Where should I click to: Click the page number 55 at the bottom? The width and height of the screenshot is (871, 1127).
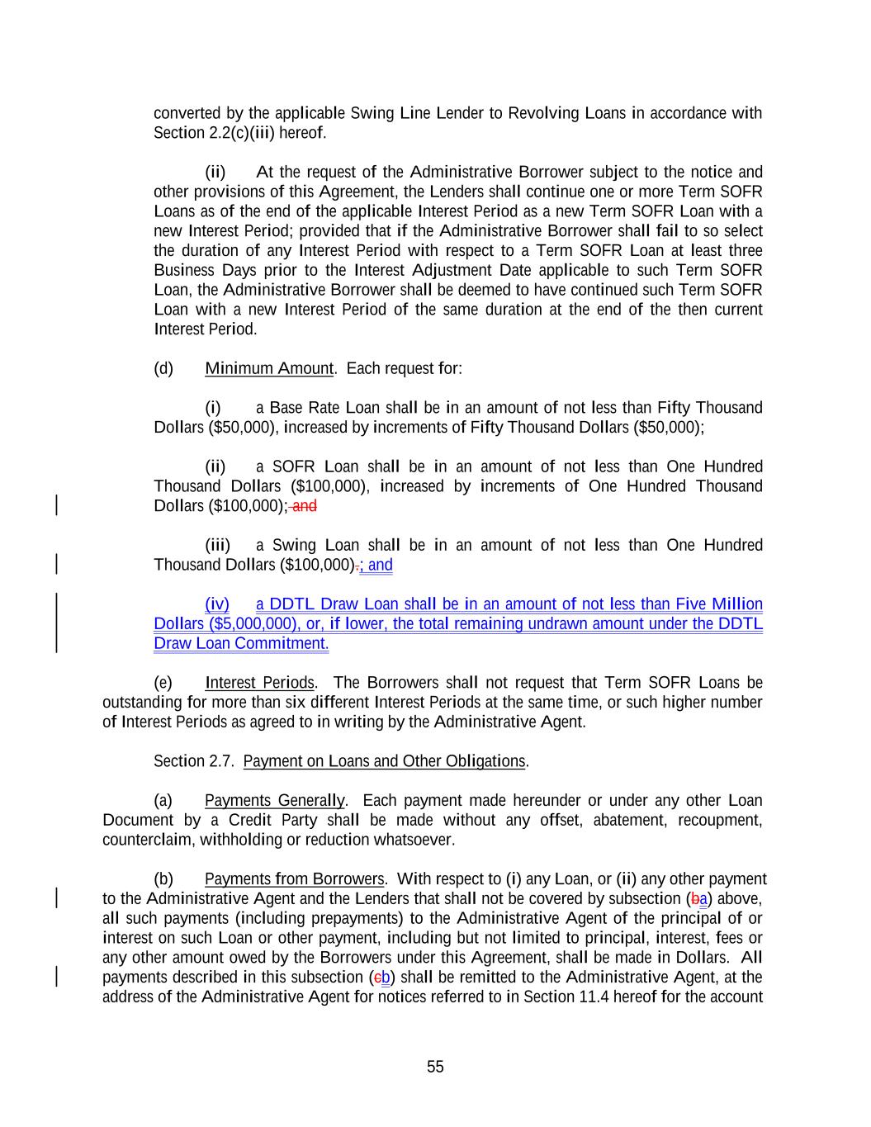[435, 1067]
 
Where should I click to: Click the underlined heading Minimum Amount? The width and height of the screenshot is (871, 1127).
[269, 368]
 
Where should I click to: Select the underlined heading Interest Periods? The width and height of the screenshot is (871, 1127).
[259, 683]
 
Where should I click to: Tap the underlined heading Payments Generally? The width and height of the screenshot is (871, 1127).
[275, 801]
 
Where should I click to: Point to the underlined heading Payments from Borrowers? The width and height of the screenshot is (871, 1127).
[294, 879]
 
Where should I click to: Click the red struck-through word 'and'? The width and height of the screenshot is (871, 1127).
[305, 506]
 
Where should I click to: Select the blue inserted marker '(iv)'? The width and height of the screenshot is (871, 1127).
[217, 604]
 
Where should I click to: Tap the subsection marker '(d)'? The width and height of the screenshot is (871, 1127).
[163, 368]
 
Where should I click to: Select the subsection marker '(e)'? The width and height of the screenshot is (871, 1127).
[163, 683]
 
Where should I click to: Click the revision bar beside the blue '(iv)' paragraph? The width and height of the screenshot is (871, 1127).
[56, 623]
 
